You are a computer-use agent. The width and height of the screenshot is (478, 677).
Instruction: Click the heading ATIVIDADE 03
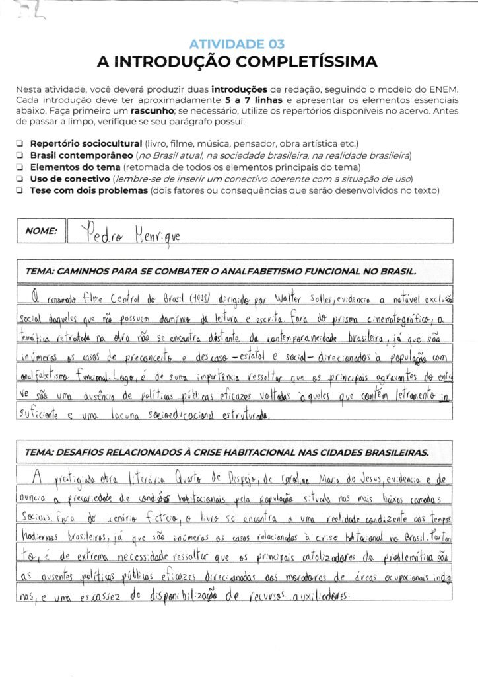click(x=237, y=44)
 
